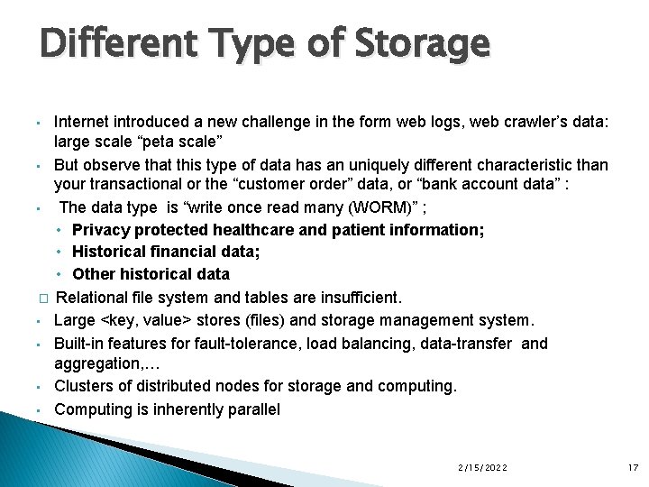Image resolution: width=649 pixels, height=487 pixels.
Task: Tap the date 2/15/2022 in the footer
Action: pos(482,468)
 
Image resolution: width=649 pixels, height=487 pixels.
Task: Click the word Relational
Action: pos(92,297)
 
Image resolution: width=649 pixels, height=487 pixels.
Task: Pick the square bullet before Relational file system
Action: pos(41,298)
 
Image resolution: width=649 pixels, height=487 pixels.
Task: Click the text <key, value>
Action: pos(143,319)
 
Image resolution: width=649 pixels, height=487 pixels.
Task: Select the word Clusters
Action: pos(84,386)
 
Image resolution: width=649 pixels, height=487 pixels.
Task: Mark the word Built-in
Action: pos(79,343)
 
